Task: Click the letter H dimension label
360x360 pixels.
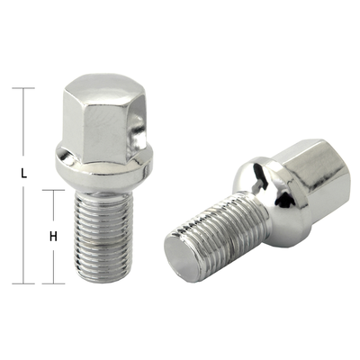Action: click(53, 237)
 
